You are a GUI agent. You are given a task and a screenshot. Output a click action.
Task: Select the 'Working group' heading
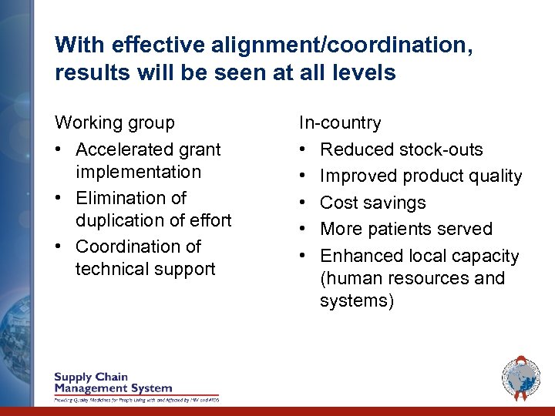tap(115, 123)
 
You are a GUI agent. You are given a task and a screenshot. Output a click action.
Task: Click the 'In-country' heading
tap(341, 123)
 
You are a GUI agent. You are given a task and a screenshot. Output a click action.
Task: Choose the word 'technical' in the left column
tap(113, 269)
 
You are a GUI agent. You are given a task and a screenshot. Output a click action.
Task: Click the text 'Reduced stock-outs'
tap(401, 149)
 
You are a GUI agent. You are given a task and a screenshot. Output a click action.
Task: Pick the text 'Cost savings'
tap(372, 203)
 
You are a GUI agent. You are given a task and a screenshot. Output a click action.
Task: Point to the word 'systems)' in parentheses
tap(357, 300)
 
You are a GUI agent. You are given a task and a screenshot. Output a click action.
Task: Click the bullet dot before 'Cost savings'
tap(303, 203)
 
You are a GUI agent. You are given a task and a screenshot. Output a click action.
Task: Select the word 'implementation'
tap(138, 172)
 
